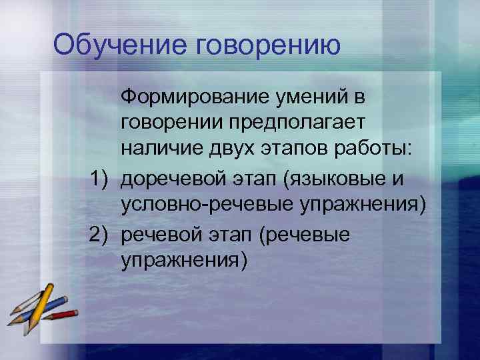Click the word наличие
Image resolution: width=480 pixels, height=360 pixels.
[x=161, y=150]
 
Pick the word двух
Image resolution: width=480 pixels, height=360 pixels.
[x=234, y=150]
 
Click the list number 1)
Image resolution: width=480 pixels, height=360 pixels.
[x=103, y=178]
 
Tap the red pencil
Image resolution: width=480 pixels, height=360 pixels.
[x=63, y=314]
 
